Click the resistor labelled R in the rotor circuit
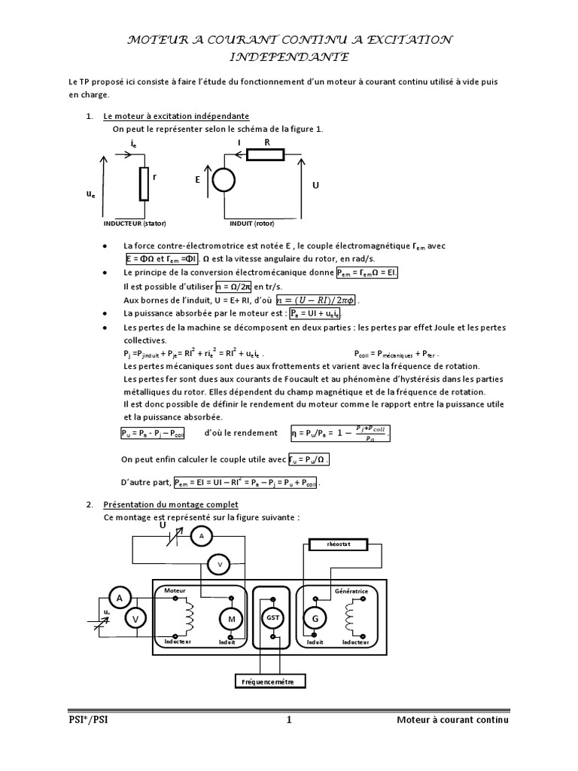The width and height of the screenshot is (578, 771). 266,155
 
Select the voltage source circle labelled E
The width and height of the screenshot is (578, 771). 222,181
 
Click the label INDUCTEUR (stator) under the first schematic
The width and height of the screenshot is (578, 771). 135,224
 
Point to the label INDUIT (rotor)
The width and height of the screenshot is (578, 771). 253,224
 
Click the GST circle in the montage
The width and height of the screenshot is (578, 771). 271,617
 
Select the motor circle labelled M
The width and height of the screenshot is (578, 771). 228,618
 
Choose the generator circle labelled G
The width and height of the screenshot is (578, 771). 312,618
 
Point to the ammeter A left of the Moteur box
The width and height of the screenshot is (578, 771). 118,597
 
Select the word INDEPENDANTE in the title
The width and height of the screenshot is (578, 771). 288,56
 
